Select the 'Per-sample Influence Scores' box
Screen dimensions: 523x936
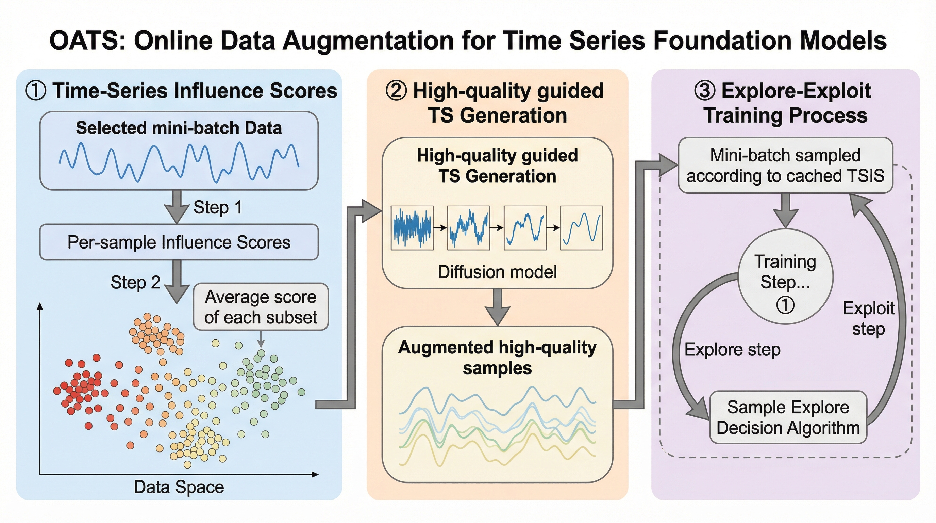179,242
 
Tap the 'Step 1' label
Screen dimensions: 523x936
218,207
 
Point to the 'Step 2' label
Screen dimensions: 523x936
135,282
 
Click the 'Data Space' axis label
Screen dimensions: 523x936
179,487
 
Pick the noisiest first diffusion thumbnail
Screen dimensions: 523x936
412,228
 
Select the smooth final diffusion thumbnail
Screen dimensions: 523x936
581,228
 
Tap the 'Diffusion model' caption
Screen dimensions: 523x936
497,272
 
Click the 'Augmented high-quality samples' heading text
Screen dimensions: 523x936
497,358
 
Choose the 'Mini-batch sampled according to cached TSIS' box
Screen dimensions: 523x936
785,165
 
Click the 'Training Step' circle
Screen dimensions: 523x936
785,276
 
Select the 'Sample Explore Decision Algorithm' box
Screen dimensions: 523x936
788,417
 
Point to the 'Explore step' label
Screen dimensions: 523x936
732,349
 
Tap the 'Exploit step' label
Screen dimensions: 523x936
868,319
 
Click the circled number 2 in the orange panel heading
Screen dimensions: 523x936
396,91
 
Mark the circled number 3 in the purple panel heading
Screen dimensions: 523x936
704,91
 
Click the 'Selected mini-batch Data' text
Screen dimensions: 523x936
179,128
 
